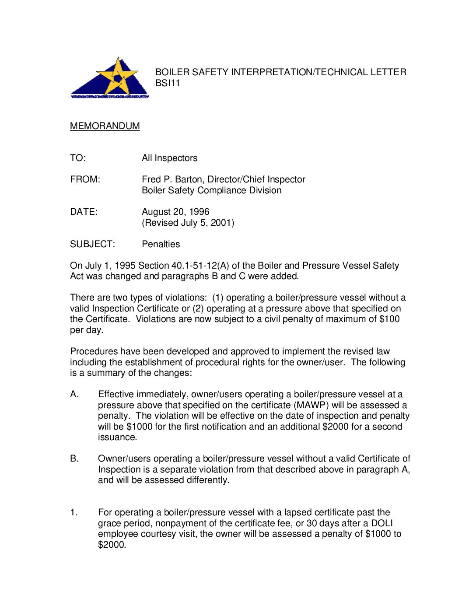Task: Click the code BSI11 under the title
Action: (168, 83)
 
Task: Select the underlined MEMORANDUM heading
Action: (105, 126)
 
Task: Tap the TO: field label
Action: (78, 158)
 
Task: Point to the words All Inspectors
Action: (169, 158)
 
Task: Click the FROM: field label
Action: (85, 179)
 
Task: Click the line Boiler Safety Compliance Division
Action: (211, 190)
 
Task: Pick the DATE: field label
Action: (84, 212)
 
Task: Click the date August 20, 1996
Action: (175, 212)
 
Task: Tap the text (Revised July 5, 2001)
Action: (188, 223)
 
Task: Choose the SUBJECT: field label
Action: (92, 244)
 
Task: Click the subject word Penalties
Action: (161, 244)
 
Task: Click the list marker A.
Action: (74, 394)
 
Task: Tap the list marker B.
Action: (74, 458)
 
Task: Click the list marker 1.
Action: (74, 512)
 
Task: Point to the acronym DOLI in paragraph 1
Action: (381, 523)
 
